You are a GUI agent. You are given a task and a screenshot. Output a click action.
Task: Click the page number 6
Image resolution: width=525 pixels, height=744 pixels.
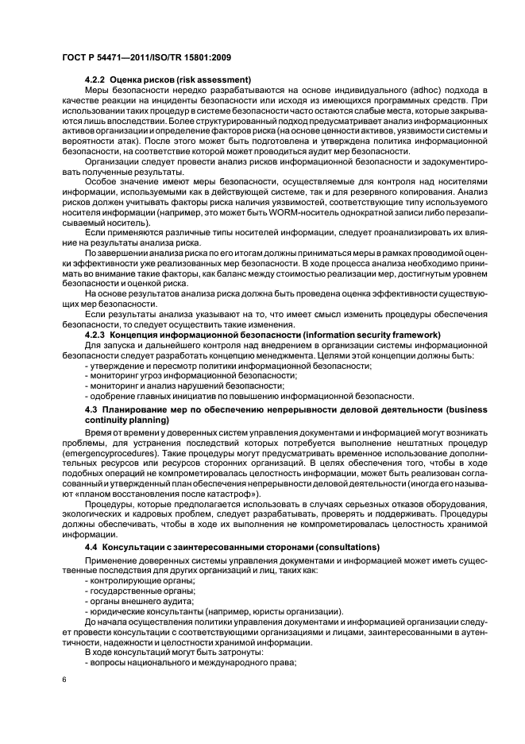(64, 680)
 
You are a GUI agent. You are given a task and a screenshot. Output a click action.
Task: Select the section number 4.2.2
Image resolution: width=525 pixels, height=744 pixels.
(95, 80)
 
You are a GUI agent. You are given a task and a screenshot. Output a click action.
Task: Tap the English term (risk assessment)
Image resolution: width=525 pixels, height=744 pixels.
(211, 80)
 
